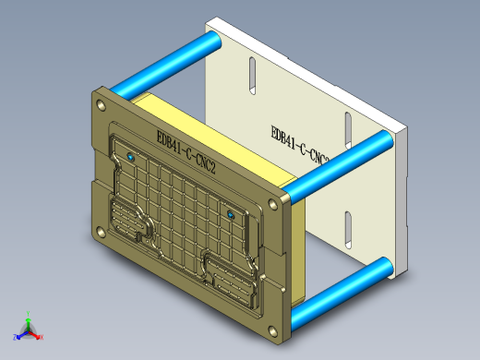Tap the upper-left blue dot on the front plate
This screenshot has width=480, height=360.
pos(130,158)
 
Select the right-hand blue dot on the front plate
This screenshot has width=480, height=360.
pos(230,214)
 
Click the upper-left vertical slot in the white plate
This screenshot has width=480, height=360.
pos(251,78)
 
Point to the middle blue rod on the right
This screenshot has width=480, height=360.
pos(337,166)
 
